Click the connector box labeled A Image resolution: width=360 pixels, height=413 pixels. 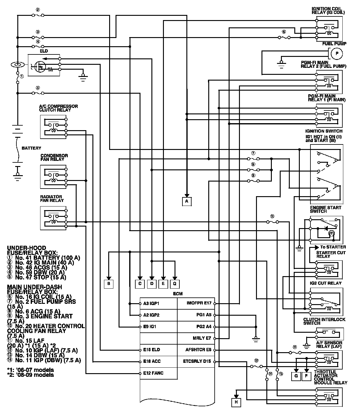[x=187, y=201]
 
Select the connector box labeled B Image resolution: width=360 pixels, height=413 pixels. [x=109, y=284]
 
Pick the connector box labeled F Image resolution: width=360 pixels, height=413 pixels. [x=306, y=376]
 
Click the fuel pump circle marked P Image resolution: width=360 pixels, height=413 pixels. [x=337, y=54]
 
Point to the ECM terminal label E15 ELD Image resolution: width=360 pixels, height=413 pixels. [x=151, y=350]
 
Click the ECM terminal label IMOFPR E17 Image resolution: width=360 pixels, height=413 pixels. [x=199, y=303]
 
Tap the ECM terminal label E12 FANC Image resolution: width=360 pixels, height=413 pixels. [x=153, y=373]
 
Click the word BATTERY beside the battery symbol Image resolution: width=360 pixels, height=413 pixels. [x=31, y=148]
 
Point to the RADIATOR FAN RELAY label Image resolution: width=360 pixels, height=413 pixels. [x=52, y=199]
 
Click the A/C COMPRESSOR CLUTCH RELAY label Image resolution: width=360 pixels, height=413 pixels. [x=58, y=108]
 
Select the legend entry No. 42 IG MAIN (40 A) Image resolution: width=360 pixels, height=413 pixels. [x=44, y=263]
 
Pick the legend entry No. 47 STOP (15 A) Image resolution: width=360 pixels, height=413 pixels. [x=40, y=277]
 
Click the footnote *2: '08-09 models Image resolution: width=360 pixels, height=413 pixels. [x=30, y=375]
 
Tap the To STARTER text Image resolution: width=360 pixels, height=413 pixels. [x=333, y=247]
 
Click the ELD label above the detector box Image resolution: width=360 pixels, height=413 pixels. [x=44, y=51]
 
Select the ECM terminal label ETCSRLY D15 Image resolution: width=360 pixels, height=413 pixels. [x=197, y=361]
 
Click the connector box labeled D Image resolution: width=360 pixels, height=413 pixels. [x=152, y=284]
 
